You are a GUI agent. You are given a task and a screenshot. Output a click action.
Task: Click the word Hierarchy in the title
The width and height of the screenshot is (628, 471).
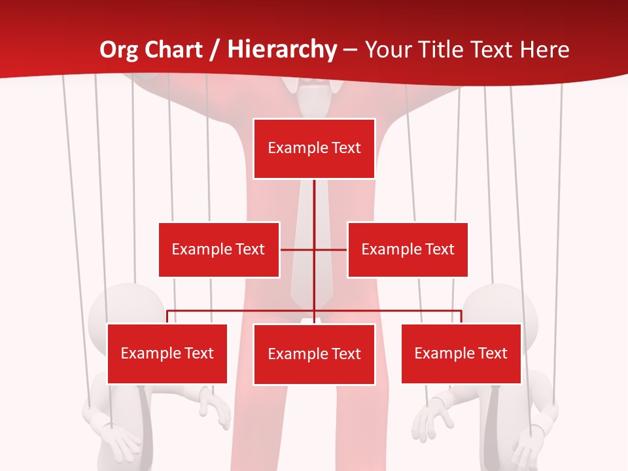point(282,50)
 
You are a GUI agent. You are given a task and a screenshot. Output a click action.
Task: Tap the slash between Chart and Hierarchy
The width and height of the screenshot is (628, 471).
point(215,50)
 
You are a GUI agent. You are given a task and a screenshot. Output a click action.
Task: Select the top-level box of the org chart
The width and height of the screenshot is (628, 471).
point(314,148)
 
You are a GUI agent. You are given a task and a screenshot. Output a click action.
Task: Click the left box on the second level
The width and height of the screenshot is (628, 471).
point(218,249)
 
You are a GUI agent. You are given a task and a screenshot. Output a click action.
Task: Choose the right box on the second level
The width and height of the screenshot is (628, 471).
point(408,249)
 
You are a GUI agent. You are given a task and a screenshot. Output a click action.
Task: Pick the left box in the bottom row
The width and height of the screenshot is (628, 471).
point(167,354)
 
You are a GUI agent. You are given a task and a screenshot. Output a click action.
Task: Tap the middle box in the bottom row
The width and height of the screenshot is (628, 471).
point(314,355)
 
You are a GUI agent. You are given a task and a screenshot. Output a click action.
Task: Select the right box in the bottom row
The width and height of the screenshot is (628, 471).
point(461,354)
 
